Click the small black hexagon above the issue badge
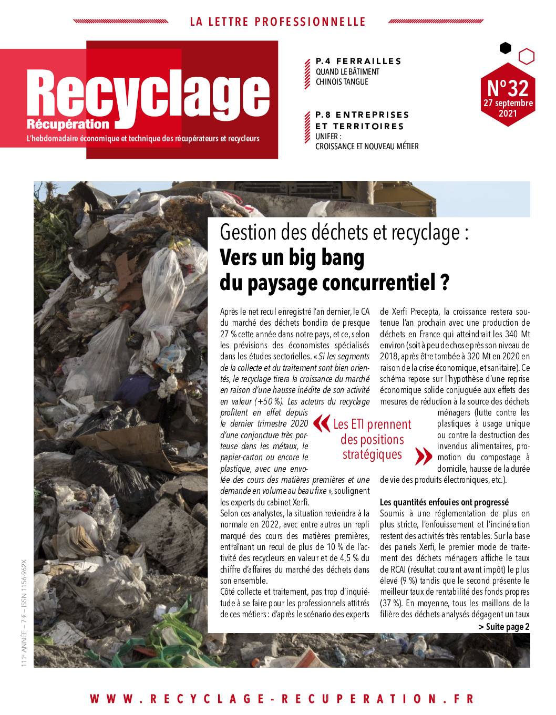pos(505,48)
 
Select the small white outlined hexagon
pos(526,56)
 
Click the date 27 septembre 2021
pos(508,108)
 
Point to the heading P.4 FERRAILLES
pos(358,61)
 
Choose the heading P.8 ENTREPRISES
pos(362,114)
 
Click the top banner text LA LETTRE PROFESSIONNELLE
pos(277,22)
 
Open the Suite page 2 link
pos(504,627)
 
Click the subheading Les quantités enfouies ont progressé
pos(444,502)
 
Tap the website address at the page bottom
pos(282,699)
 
